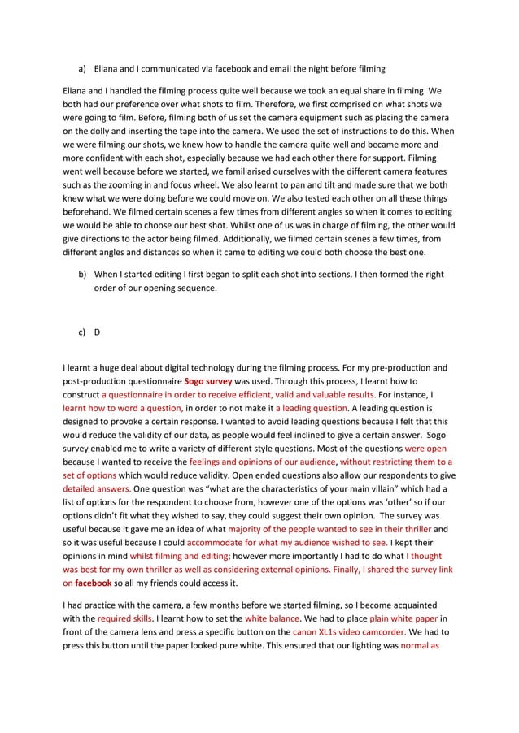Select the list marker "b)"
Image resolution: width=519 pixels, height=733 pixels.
click(x=82, y=275)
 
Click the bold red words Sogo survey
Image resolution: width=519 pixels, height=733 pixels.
click(x=208, y=380)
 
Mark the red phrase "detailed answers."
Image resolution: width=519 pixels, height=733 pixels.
click(x=97, y=490)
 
